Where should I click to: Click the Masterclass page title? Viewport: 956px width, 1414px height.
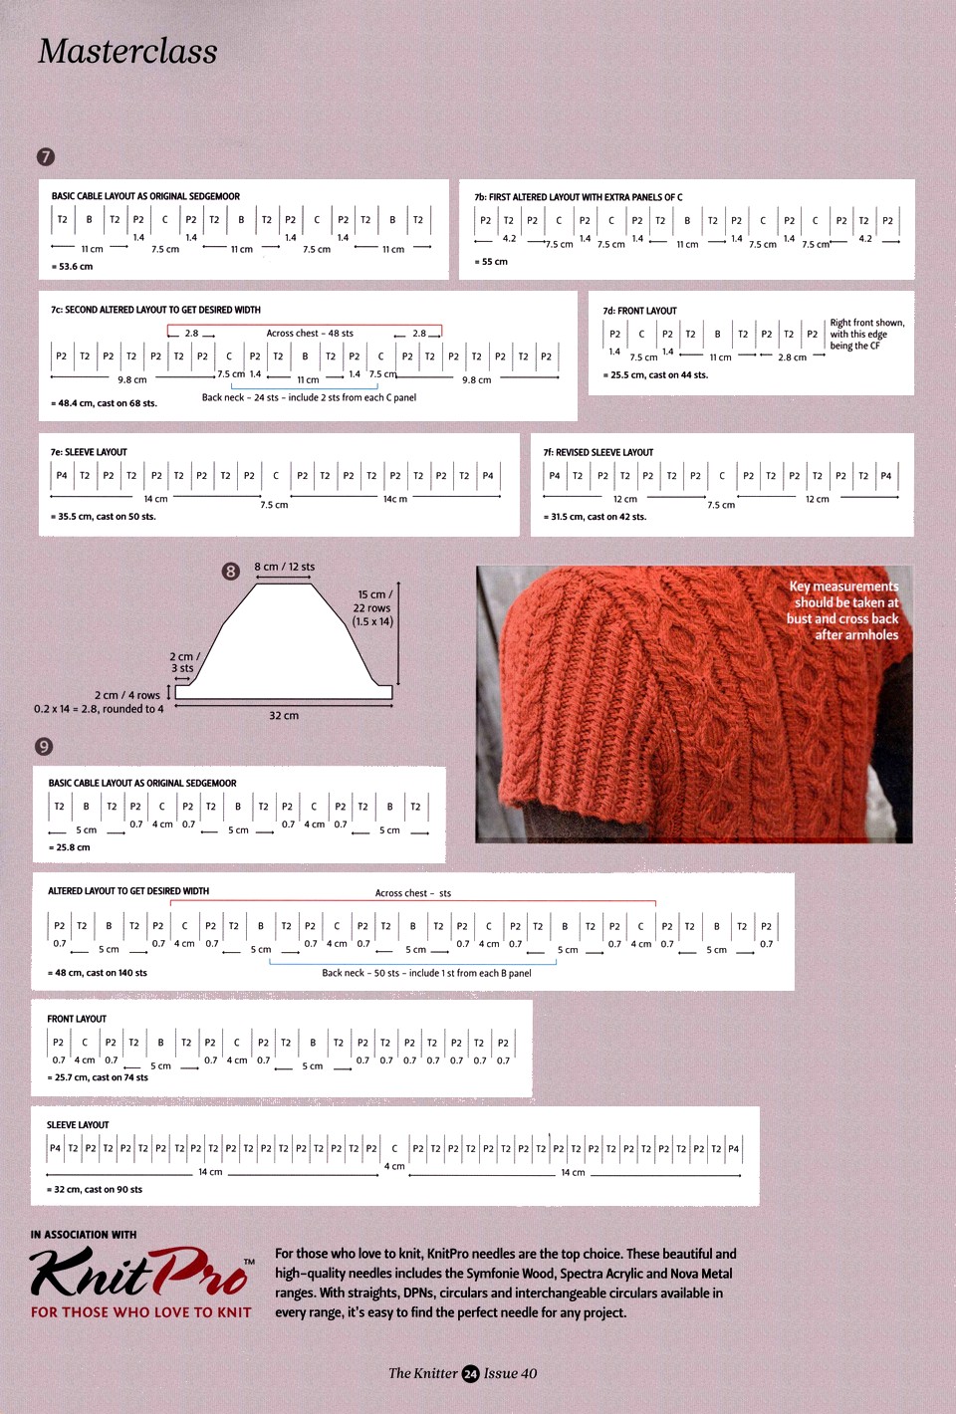pos(127,52)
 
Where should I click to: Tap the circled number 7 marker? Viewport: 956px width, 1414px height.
pos(46,156)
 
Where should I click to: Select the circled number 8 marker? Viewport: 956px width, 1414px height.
pos(231,571)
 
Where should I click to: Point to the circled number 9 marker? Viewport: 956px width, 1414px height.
pos(44,746)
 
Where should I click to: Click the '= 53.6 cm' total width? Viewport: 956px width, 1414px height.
pos(73,267)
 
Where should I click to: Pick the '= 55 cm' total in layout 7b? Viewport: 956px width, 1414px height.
pos(491,262)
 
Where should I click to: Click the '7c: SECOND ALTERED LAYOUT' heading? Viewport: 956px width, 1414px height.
pos(156,310)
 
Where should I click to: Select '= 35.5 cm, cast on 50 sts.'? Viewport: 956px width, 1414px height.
pos(104,517)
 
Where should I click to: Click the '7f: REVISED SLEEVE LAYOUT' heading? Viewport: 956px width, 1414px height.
pos(598,452)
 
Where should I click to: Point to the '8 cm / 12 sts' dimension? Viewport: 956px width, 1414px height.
pos(284,567)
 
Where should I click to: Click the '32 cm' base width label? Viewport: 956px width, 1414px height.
pos(284,715)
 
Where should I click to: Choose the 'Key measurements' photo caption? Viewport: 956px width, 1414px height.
pos(843,610)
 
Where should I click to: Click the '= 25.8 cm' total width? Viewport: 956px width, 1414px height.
pos(70,847)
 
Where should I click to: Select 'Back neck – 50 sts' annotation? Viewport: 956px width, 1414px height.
pos(426,973)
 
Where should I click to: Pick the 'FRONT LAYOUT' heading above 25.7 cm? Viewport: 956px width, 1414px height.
pos(77,1019)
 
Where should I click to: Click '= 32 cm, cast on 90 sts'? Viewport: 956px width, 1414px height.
pos(95,1189)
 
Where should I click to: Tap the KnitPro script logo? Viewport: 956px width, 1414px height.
pos(139,1274)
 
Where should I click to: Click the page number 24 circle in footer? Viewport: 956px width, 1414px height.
pos(471,1374)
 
